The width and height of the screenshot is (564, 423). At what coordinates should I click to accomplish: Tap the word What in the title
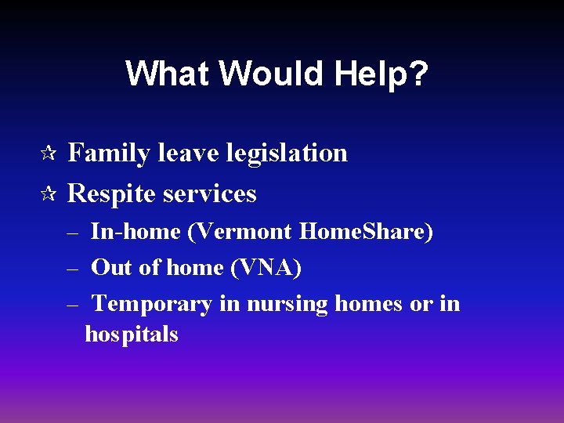coord(168,74)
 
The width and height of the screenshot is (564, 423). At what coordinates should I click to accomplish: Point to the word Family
coord(109,153)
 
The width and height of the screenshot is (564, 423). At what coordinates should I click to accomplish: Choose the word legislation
coord(287,153)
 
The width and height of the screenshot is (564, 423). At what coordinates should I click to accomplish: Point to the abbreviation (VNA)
coord(266,268)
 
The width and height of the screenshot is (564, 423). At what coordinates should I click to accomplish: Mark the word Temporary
coord(152,304)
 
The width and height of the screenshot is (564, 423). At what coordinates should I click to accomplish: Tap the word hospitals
coord(132,334)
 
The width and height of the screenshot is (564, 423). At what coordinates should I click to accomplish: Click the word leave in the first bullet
coord(189,153)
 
